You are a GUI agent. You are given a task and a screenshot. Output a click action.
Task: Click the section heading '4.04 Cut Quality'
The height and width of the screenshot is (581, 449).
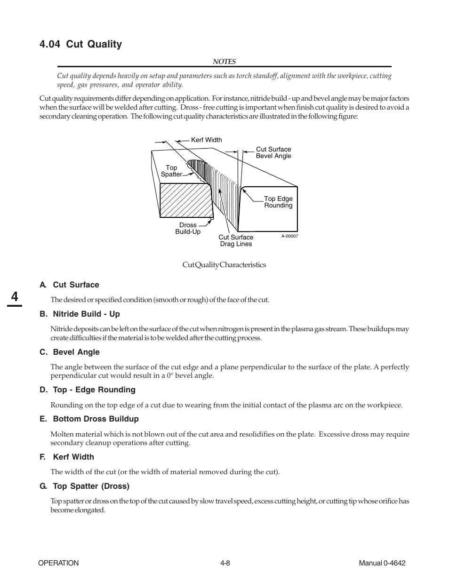80,44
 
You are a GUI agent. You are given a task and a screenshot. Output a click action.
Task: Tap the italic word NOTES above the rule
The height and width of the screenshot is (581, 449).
224,62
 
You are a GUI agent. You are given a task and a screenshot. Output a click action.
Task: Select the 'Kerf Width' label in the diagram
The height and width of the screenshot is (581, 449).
206,140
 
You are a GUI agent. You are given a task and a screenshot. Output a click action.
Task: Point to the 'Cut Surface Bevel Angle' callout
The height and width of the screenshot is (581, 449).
273,152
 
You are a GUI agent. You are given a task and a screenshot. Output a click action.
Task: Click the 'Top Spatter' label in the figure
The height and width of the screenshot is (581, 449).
171,171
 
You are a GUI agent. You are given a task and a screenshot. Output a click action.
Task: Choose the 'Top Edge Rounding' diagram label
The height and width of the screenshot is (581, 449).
278,202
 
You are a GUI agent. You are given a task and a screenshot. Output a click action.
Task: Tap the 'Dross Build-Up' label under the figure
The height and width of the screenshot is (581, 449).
188,228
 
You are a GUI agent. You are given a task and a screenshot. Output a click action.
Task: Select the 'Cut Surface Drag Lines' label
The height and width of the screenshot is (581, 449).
236,240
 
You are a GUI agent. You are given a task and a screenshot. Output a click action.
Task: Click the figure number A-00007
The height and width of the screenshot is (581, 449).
289,236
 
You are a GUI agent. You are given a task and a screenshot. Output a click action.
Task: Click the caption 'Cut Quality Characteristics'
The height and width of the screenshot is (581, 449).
224,265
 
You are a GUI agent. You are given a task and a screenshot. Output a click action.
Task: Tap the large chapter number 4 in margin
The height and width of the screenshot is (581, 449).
15,297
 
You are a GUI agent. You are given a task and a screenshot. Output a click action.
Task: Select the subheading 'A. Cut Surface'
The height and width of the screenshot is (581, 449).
69,285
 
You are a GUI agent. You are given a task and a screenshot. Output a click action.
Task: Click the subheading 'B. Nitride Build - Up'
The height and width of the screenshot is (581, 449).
80,314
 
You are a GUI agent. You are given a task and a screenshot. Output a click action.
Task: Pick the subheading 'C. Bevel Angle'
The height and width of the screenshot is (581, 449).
70,352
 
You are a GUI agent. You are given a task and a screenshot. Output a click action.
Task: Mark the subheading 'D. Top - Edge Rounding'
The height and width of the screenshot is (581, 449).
87,390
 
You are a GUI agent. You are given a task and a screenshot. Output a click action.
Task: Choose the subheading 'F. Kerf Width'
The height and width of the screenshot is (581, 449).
67,457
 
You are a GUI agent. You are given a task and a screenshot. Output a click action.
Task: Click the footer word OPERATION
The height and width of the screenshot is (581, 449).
58,563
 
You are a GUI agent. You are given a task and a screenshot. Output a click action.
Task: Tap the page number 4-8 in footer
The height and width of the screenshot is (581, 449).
224,563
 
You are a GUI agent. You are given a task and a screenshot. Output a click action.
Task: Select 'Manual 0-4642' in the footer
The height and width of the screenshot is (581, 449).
382,563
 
